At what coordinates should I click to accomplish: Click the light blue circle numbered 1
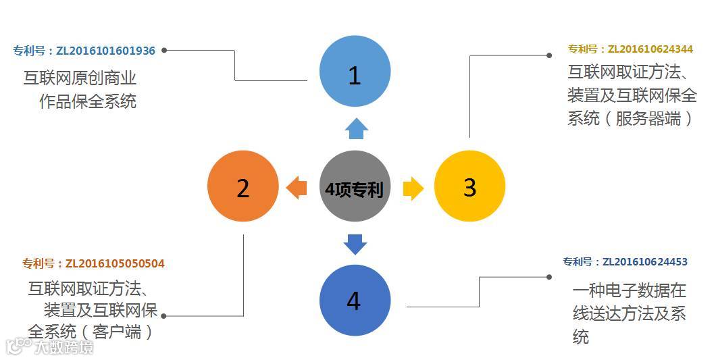355,72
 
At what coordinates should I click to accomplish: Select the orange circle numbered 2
242,187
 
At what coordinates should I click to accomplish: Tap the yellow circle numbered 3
469,186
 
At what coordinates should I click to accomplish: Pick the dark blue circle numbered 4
355,300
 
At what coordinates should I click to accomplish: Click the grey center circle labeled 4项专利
355,187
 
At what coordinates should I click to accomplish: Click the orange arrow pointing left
297,187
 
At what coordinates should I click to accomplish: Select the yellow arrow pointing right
413,188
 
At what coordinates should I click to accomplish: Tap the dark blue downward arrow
355,243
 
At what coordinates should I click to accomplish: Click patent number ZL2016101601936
84,51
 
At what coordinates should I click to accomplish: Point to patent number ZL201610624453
625,262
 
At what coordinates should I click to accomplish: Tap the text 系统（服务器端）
631,118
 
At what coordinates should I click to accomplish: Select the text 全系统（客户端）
91,332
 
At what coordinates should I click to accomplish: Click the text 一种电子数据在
630,291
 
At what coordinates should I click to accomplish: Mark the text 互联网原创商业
80,78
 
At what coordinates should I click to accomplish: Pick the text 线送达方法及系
630,313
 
